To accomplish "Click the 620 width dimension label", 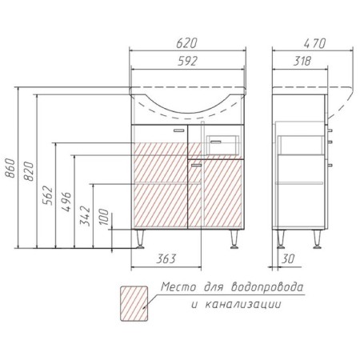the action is point(186,43).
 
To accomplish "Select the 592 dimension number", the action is point(188,61).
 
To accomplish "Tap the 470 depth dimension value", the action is point(314,43).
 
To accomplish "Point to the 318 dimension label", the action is point(302,61).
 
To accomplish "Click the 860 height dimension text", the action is point(10,168).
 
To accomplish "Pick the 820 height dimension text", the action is point(29,171).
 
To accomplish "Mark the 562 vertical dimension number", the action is point(48,195).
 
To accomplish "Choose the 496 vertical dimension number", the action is point(66,202).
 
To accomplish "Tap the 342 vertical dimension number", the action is point(86,216).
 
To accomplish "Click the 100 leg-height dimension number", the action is point(104,217).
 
